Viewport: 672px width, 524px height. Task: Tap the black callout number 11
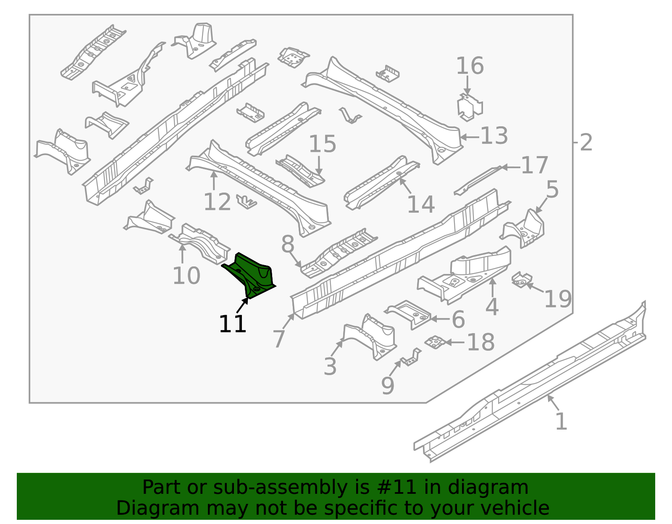232,324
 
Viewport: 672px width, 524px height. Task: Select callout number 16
470,66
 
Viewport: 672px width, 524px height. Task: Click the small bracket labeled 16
470,107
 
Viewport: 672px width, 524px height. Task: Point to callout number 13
494,136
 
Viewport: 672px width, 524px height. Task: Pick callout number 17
534,165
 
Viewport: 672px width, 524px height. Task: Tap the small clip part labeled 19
521,280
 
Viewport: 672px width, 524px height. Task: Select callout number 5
552,190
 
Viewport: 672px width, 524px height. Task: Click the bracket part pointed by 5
525,229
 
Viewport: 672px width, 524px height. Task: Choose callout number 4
492,307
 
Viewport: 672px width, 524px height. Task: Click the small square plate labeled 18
435,342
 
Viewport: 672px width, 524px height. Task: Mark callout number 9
388,386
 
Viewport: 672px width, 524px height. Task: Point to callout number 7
279,339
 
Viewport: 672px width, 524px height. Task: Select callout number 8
287,244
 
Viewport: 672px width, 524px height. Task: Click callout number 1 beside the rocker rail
561,422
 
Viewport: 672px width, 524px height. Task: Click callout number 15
322,144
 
